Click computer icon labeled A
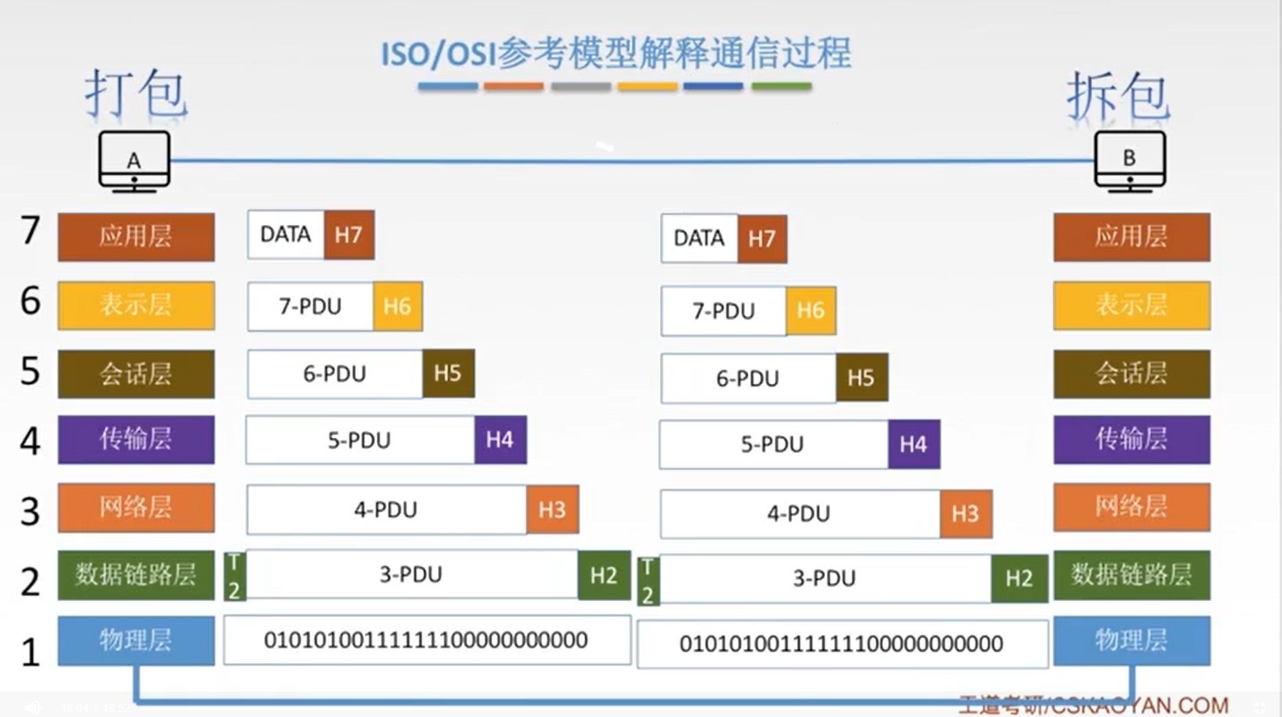coord(134,161)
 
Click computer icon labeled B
coord(1130,161)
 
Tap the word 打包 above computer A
coord(136,94)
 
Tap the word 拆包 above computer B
coord(1118,97)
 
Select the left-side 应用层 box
coord(136,236)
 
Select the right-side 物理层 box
coord(1131,640)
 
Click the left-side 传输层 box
coord(136,439)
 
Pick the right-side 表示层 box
coord(1131,305)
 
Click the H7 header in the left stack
coord(349,235)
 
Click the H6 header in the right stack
coord(811,311)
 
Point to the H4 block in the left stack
coord(500,439)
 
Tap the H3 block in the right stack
coord(965,513)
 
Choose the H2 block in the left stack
coord(604,575)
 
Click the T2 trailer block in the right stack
coord(648,581)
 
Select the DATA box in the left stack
coord(286,235)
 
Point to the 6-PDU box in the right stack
coord(748,378)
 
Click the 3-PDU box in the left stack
coord(411,574)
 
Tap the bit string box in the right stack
coord(841,644)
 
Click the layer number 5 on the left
coord(30,372)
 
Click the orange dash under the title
coord(513,86)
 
